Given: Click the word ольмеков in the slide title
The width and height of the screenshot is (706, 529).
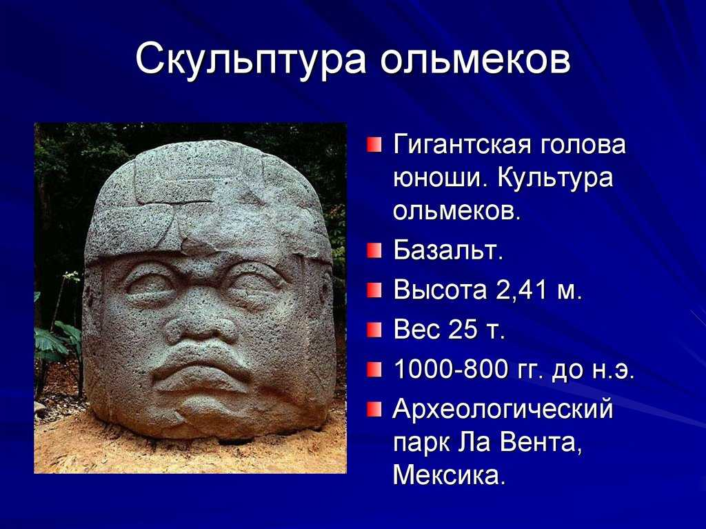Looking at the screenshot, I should [475, 61].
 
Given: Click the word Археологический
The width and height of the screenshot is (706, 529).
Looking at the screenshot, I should [503, 410].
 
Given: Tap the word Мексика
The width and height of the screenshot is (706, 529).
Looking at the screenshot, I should [449, 476].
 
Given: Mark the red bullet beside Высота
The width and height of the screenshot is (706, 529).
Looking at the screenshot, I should [373, 290].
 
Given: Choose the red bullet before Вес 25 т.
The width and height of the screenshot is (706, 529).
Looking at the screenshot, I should [373, 330].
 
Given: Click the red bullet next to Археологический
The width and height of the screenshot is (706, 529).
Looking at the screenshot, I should [373, 410].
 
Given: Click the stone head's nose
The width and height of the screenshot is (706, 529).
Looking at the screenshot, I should [202, 324].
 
